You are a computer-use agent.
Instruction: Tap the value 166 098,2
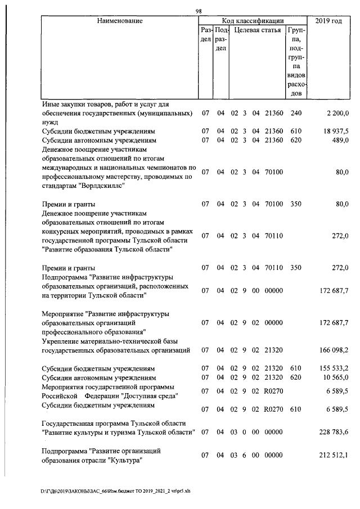coord(334,350)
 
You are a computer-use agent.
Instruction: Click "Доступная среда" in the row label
coord(147,395)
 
